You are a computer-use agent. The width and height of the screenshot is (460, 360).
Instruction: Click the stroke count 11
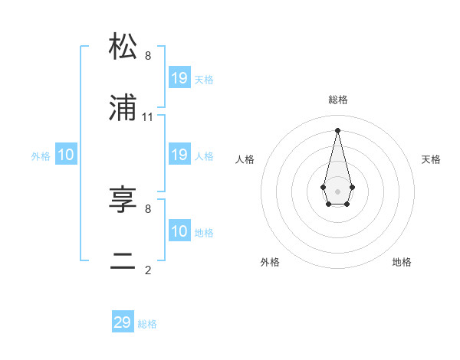tap(148, 117)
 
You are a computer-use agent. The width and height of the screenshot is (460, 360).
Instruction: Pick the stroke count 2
tap(148, 270)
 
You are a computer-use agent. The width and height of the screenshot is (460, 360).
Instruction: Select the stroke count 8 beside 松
tap(148, 56)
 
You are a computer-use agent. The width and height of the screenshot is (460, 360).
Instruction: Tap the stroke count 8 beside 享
tap(148, 208)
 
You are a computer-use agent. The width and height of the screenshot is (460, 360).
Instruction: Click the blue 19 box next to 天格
tap(179, 77)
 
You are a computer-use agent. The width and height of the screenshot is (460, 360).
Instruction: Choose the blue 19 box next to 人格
tap(179, 155)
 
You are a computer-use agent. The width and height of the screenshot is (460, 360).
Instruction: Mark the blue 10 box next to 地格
tap(179, 231)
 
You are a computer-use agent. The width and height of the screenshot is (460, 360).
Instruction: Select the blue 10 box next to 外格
tap(66, 155)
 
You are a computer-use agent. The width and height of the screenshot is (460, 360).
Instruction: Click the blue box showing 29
tap(123, 322)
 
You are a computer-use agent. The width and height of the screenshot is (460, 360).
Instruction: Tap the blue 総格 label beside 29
tap(147, 324)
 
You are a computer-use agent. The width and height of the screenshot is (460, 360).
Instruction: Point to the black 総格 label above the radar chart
tap(338, 100)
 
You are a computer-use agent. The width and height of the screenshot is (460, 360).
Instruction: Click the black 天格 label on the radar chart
tap(432, 159)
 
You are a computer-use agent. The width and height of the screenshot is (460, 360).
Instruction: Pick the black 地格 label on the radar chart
tap(402, 262)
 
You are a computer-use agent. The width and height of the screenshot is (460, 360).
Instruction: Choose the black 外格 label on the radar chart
tap(270, 262)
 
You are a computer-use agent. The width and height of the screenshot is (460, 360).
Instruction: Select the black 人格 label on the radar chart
tap(245, 159)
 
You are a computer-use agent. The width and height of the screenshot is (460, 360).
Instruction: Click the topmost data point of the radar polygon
tap(337, 129)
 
